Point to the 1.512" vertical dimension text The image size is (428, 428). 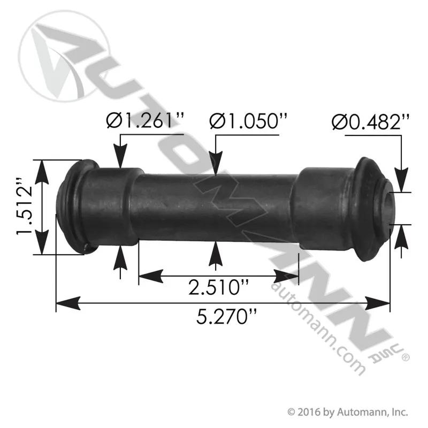25,207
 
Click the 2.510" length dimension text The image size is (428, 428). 218,287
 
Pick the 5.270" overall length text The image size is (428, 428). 226,317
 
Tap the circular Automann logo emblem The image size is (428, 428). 63,56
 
